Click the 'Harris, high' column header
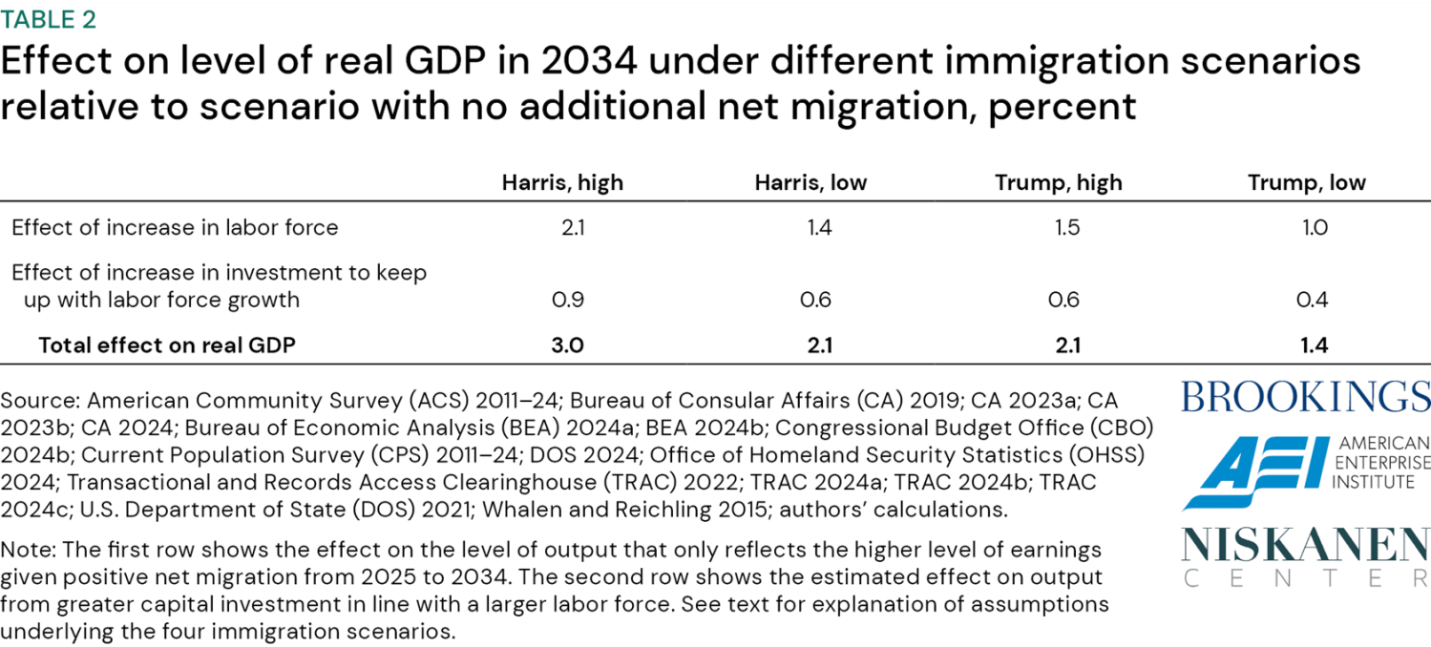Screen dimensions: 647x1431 tap(562, 182)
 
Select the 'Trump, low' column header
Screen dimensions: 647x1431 tap(1306, 182)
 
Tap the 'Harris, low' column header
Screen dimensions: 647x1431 tap(810, 182)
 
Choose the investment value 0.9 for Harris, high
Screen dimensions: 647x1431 tap(567, 300)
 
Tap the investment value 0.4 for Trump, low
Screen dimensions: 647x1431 tap(1314, 300)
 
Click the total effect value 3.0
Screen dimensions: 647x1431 tap(567, 344)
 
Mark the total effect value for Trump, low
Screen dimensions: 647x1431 tap(1314, 344)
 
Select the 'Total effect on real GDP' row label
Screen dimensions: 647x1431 tap(167, 344)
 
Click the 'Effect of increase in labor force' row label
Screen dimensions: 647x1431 tap(175, 227)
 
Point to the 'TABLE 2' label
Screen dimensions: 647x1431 tap(48, 18)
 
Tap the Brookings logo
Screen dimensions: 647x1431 tap(1305, 396)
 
